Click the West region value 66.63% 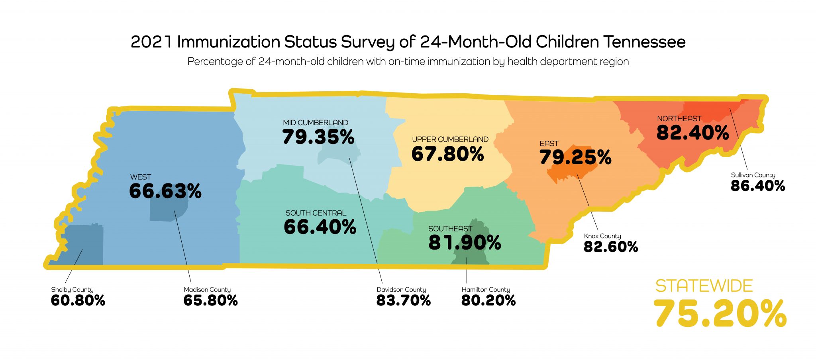(165, 191)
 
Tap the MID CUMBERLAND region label (315, 123)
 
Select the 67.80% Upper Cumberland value (447, 154)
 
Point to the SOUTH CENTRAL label (316, 213)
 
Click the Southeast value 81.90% (465, 243)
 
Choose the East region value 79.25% (575, 157)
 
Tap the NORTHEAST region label (679, 119)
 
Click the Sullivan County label (753, 175)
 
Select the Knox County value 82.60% (610, 247)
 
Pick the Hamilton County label (485, 290)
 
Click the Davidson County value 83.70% (403, 301)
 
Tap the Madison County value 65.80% (210, 301)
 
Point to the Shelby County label (72, 290)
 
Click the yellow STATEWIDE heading (704, 286)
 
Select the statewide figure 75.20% (720, 314)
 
